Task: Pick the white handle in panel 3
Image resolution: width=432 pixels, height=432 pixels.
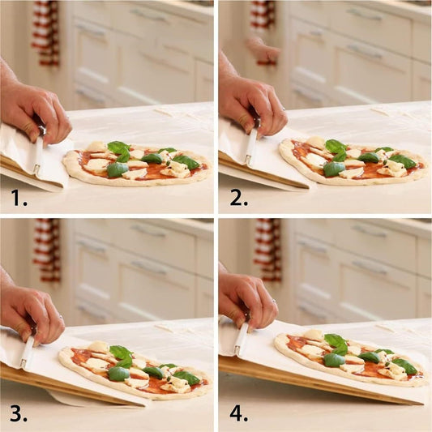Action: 28,350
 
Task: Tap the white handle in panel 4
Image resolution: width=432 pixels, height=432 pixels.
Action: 242,338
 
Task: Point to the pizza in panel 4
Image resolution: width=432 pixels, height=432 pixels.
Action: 350,358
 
